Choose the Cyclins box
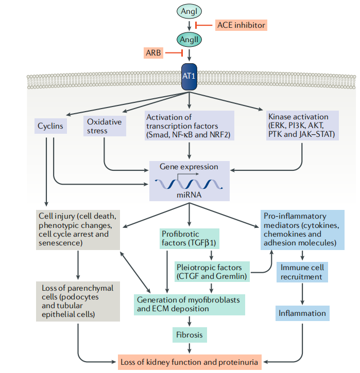click(50, 125)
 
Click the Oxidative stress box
click(105, 126)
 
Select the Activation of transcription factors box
click(189, 126)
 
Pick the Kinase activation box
click(302, 126)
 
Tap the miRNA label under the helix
click(189, 196)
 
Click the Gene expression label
click(189, 167)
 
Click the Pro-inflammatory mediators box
click(302, 229)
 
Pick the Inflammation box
click(302, 313)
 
